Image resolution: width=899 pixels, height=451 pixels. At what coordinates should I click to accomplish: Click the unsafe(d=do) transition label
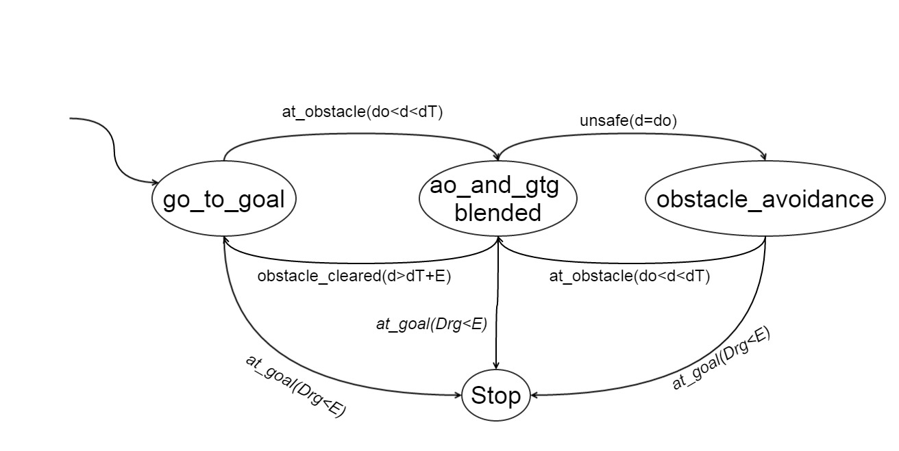pyautogui.click(x=628, y=120)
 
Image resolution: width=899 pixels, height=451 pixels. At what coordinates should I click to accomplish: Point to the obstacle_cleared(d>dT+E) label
pyautogui.click(x=354, y=276)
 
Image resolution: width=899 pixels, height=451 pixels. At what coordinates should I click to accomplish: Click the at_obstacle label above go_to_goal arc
pyautogui.click(x=362, y=112)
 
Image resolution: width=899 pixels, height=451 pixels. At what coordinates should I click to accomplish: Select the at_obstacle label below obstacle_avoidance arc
pyautogui.click(x=630, y=276)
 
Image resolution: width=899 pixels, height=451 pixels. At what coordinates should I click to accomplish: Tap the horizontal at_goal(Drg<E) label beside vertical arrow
pyautogui.click(x=432, y=324)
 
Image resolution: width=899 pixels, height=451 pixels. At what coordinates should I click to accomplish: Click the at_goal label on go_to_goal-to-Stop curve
pyautogui.click(x=295, y=386)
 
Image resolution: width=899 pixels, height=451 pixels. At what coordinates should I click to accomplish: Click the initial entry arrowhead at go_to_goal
pyautogui.click(x=155, y=183)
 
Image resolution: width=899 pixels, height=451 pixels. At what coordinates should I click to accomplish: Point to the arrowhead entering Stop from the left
pyautogui.click(x=458, y=396)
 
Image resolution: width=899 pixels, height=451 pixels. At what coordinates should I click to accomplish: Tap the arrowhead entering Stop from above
pyautogui.click(x=496, y=365)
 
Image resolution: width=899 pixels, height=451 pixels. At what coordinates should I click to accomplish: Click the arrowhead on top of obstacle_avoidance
pyautogui.click(x=764, y=156)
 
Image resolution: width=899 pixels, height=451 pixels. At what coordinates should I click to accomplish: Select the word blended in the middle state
pyautogui.click(x=497, y=212)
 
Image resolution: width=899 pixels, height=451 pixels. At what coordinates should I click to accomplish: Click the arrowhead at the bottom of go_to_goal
pyautogui.click(x=225, y=240)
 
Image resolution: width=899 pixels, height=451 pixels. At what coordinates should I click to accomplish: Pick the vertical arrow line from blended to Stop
pyautogui.click(x=497, y=302)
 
